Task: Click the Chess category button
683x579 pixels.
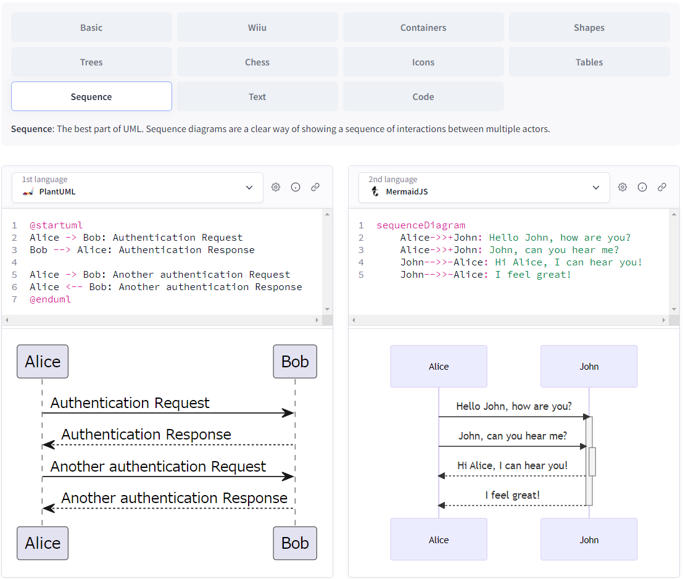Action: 257,62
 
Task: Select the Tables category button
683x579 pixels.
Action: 589,62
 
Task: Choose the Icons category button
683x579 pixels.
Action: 423,62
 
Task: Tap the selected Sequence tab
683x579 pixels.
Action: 91,97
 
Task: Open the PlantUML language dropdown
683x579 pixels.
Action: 138,188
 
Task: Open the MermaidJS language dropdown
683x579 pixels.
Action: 484,188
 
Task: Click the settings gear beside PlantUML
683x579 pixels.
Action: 276,187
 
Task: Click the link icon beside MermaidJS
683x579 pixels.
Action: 662,187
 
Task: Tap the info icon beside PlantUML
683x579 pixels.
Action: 296,187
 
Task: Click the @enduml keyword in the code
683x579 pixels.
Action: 51,299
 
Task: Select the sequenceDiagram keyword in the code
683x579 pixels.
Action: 421,225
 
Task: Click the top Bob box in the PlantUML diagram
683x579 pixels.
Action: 295,362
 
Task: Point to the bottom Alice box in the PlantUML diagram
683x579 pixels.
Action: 43,543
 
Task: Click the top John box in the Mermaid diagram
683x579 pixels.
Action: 589,367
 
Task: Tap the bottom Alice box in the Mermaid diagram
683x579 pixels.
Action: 439,540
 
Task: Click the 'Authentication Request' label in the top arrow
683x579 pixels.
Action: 130,403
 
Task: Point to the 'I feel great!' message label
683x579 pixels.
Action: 513,495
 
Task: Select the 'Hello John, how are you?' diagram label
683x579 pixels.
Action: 514,406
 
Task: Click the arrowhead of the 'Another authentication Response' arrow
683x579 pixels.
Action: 48,508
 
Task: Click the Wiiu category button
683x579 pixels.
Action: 257,28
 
